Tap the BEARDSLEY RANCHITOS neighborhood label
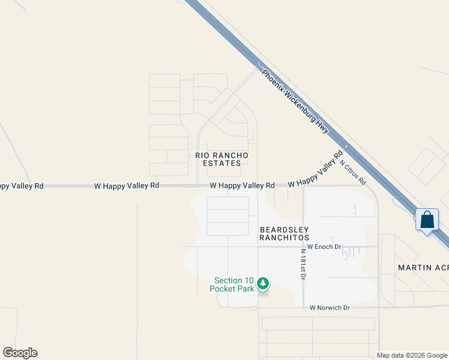[284, 233]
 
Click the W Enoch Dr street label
[324, 247]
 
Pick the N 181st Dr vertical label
[305, 265]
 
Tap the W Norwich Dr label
[330, 308]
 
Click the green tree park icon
[262, 283]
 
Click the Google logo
[20, 353]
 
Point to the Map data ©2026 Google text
[412, 355]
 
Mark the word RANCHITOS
[284, 238]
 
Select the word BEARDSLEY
[284, 229]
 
